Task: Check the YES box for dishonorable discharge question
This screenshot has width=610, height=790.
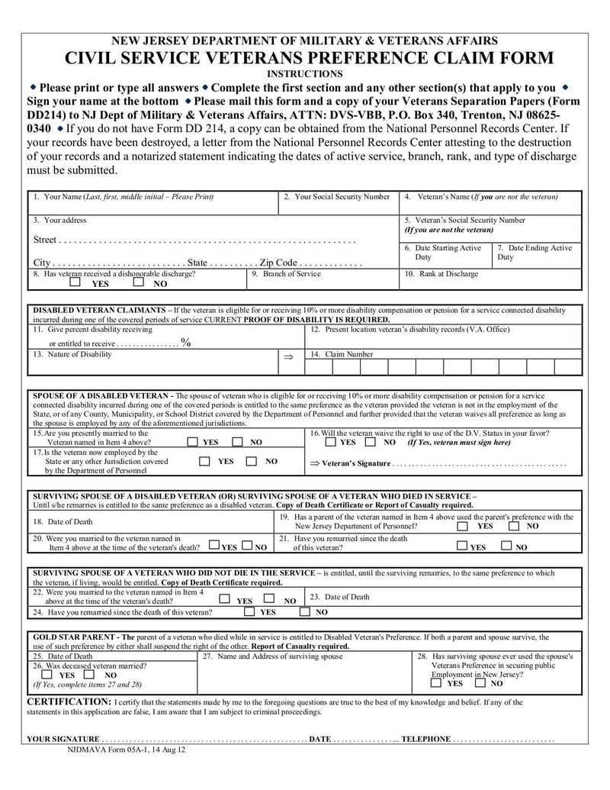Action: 75,282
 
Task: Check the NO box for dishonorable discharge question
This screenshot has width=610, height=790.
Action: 138,282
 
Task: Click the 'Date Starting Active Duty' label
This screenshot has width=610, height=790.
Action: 447,253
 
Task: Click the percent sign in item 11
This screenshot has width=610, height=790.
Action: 186,343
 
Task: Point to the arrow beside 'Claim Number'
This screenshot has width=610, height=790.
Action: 287,356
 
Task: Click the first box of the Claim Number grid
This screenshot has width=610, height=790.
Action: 321,367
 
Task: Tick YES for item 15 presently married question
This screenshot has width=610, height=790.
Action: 193,442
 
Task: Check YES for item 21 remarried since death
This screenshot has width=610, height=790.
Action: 462,545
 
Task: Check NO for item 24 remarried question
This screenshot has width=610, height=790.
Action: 304,611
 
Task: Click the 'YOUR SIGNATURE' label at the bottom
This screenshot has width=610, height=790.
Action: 63,739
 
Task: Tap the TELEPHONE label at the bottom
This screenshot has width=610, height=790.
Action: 425,739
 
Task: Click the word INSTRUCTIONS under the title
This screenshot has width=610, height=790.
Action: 304,74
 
